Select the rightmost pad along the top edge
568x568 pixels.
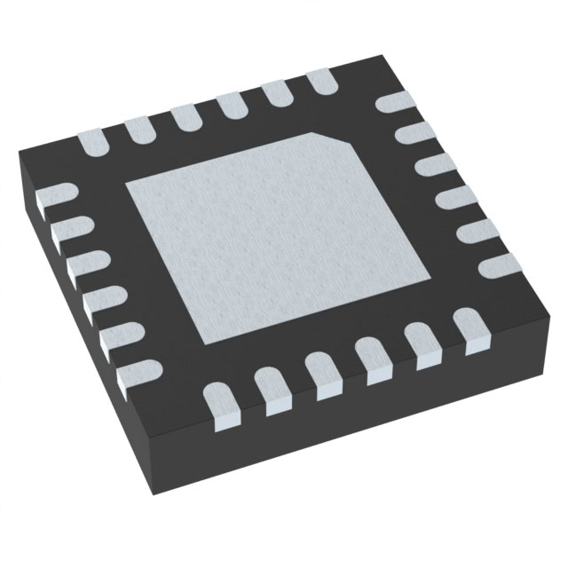point(322,83)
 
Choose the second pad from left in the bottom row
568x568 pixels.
point(272,387)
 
